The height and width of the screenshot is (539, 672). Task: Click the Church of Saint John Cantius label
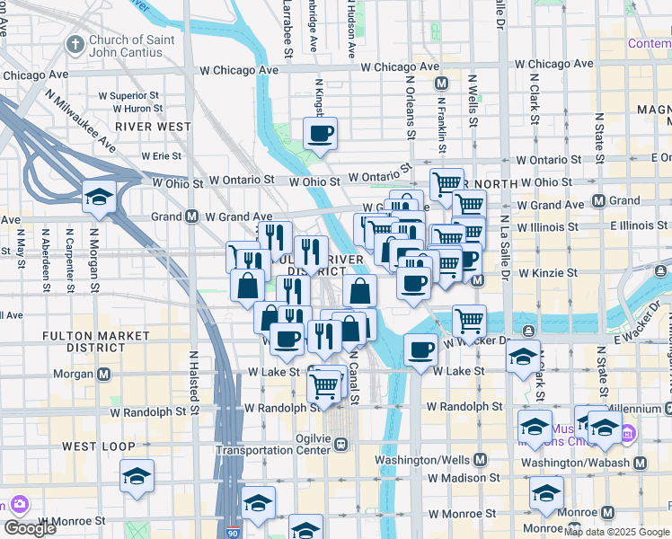[126, 46]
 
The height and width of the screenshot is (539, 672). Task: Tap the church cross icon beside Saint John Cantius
[74, 43]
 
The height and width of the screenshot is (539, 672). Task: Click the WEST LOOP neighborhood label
[99, 446]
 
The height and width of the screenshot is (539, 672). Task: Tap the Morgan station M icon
[104, 374]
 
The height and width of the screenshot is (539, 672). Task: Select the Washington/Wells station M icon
[480, 459]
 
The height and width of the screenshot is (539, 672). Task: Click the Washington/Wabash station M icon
[639, 463]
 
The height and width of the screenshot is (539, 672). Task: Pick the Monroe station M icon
[608, 512]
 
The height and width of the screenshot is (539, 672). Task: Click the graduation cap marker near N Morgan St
[99, 197]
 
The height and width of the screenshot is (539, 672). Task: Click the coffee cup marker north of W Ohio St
[320, 134]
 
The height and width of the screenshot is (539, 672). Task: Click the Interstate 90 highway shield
[234, 532]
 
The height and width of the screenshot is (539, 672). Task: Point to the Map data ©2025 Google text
[616, 532]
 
